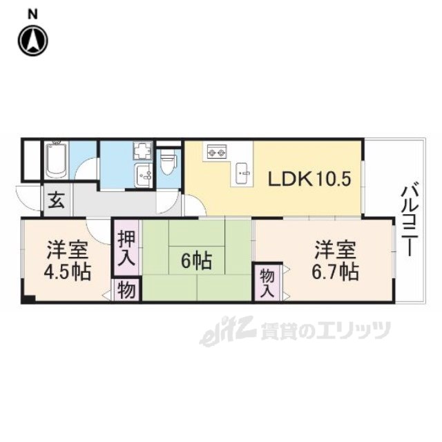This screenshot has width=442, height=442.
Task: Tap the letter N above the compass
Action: tap(32, 12)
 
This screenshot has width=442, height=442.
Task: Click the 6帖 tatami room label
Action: tap(197, 261)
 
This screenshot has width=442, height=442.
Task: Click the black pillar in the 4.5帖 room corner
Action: tap(28, 298)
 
